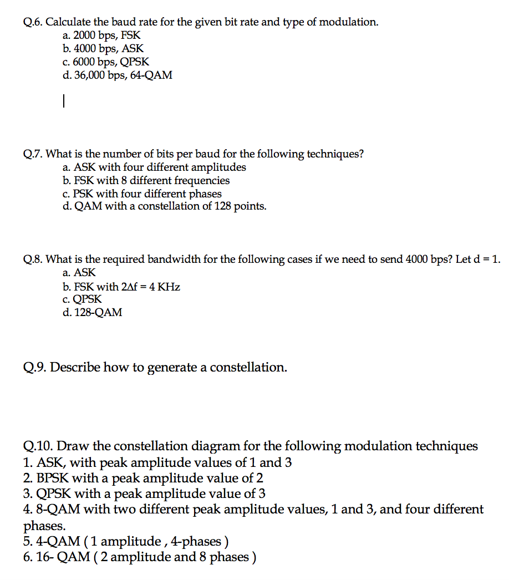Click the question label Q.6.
pyautogui.click(x=33, y=23)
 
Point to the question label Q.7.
pyautogui.click(x=33, y=154)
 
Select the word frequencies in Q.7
pyautogui.click(x=202, y=181)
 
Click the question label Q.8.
pyautogui.click(x=33, y=260)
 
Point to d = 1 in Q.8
pyautogui.click(x=486, y=260)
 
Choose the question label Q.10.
pyautogui.click(x=38, y=446)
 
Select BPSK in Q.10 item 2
pyautogui.click(x=53, y=478)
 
